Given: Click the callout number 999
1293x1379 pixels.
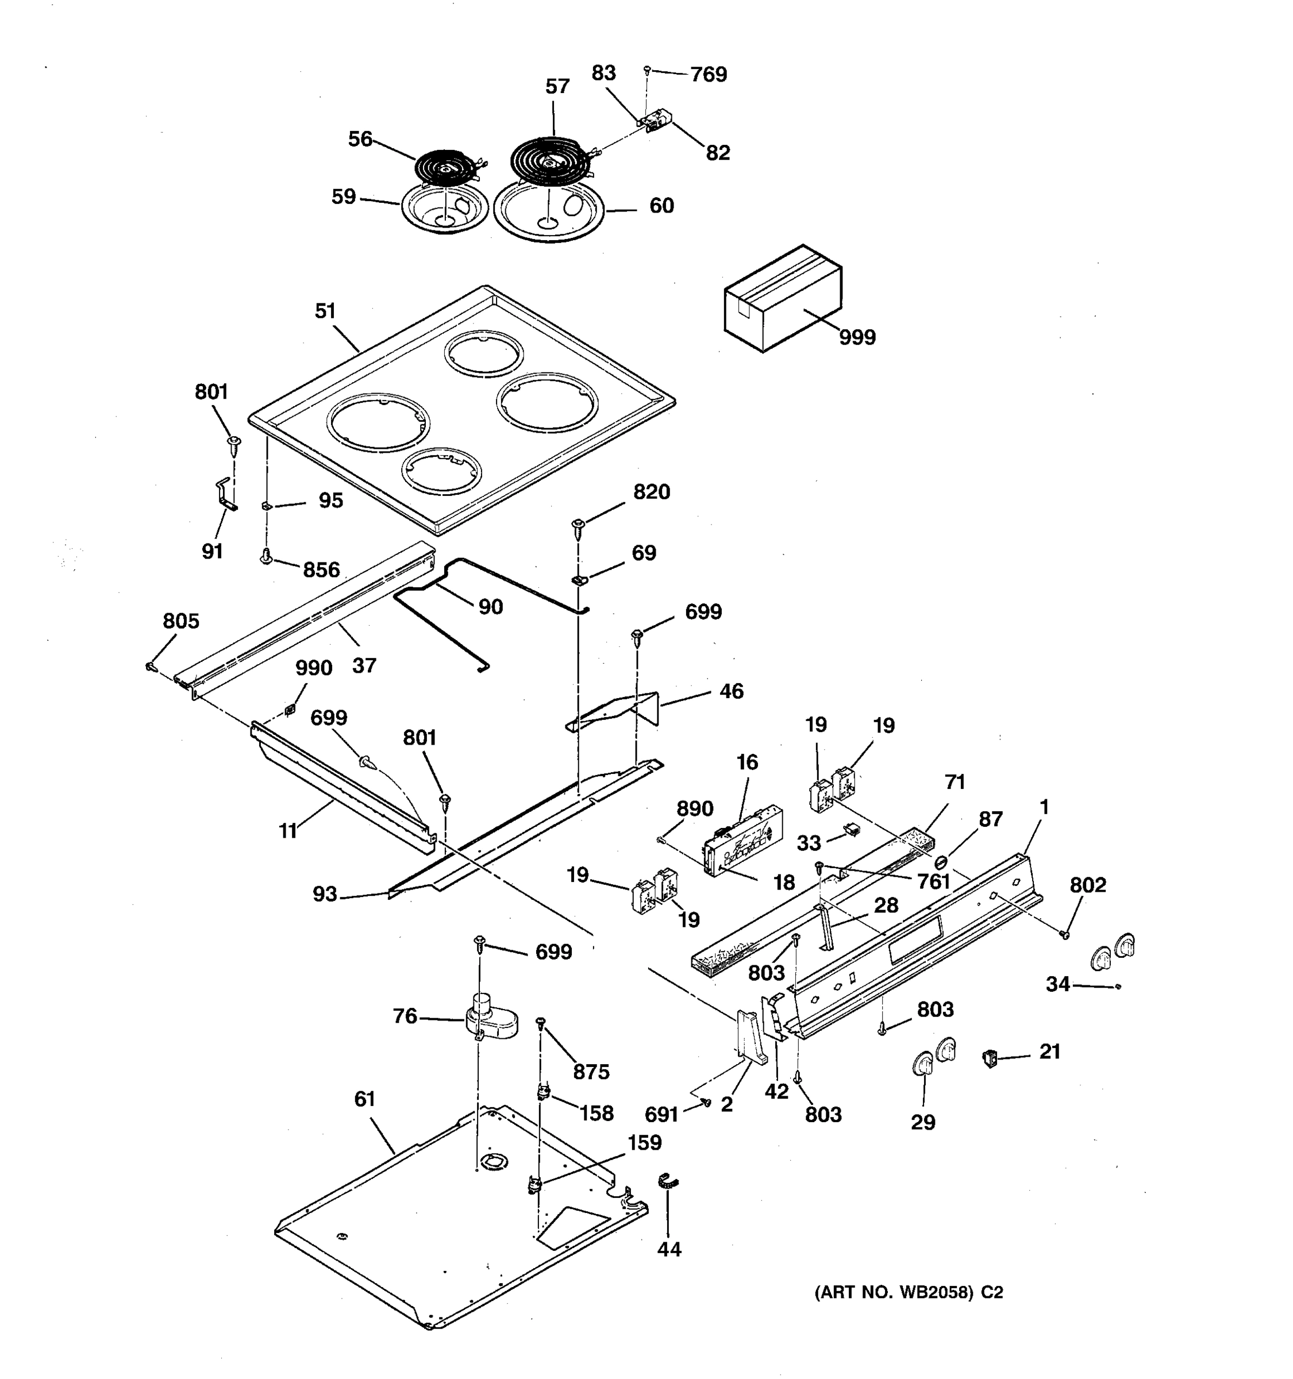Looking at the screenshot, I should [857, 337].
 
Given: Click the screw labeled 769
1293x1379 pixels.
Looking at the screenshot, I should [647, 70].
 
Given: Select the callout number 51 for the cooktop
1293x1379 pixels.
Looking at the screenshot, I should [325, 311].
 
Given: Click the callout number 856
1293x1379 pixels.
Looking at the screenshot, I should [321, 570].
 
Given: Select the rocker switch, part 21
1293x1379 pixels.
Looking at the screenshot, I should [989, 1058].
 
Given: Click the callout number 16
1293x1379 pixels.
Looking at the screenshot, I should [747, 762].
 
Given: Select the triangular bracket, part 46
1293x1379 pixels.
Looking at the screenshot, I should [617, 711].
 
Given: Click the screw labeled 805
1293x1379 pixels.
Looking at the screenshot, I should [150, 667].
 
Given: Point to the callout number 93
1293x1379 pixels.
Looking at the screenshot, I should [325, 894].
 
